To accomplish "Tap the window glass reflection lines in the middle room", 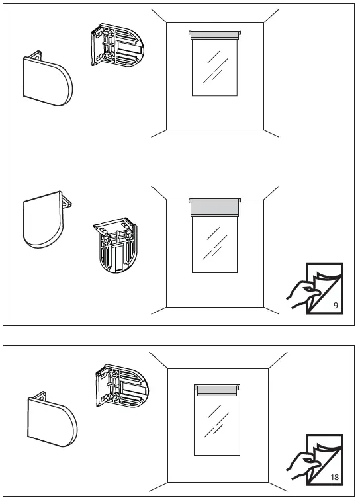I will [x=215, y=243].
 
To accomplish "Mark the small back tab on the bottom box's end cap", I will [x=40, y=394].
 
